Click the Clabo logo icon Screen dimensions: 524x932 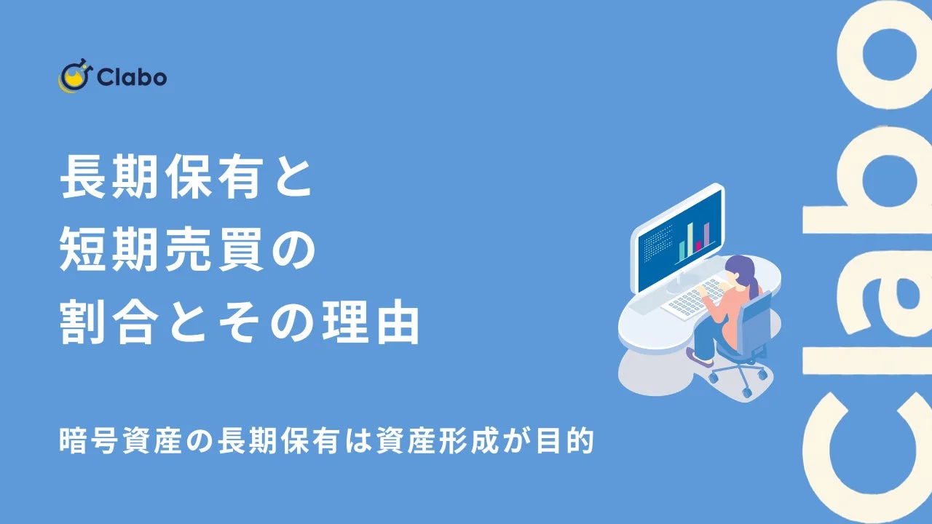[74, 77]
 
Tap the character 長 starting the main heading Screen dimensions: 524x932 [79, 179]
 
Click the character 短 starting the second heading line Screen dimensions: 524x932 [79, 250]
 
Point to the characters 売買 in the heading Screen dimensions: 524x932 [222, 250]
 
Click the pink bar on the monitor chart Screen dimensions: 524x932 [698, 246]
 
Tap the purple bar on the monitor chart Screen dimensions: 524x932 [706, 234]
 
